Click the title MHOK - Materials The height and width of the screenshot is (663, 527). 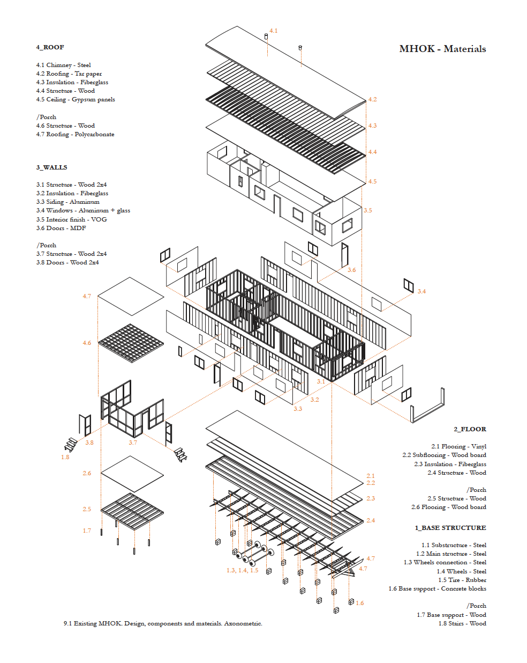click(x=442, y=49)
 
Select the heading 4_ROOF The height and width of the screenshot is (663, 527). click(x=50, y=47)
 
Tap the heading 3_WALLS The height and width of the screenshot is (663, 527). click(x=52, y=167)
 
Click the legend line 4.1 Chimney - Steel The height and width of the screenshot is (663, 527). click(x=63, y=65)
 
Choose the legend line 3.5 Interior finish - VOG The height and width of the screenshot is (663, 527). click(x=72, y=219)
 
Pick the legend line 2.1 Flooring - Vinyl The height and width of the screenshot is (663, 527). click(x=458, y=446)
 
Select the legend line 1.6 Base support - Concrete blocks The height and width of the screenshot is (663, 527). click(x=437, y=588)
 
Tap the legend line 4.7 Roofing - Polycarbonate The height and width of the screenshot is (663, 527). click(x=75, y=134)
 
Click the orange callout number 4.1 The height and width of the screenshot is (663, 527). click(x=274, y=31)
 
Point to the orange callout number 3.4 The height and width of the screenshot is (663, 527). click(x=421, y=291)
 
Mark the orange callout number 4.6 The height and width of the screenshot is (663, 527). click(x=87, y=343)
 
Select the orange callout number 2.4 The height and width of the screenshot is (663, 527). click(x=371, y=520)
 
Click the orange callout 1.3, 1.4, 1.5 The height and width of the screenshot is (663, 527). click(x=243, y=570)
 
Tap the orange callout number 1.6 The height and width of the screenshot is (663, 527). click(x=360, y=603)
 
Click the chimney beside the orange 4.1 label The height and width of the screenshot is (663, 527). click(x=266, y=36)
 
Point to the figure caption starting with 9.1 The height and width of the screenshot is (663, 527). click(x=163, y=623)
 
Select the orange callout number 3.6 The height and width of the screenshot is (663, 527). click(x=352, y=270)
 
